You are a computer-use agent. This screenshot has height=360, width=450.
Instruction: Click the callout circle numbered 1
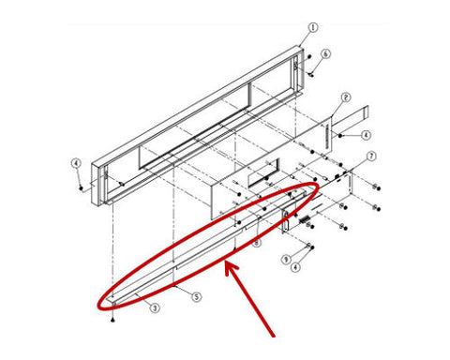tap(313, 27)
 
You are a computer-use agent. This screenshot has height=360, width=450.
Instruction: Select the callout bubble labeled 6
tap(325, 53)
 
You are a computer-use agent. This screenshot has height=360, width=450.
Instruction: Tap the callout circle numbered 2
tap(345, 97)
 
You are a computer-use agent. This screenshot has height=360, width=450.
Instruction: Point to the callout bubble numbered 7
tap(371, 156)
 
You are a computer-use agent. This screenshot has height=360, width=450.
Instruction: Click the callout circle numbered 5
tap(196, 296)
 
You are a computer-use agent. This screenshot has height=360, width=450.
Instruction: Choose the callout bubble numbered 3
tap(155, 308)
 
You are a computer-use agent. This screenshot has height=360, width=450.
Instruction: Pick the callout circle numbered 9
tap(286, 260)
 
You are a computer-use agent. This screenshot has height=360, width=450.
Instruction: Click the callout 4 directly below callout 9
tap(295, 267)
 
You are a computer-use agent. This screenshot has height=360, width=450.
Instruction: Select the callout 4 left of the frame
tap(76, 163)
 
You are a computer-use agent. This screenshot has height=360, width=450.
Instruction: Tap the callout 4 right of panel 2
tap(366, 135)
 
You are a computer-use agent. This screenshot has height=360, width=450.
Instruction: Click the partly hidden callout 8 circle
tap(256, 243)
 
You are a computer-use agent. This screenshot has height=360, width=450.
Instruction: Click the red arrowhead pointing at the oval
tap(231, 269)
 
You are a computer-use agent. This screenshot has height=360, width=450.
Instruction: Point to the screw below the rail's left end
tap(112, 320)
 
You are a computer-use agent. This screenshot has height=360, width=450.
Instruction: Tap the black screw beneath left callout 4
tap(82, 188)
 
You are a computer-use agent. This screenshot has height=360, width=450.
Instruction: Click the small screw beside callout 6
tap(312, 74)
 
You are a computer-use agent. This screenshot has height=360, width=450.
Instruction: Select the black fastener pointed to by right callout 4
tap(340, 136)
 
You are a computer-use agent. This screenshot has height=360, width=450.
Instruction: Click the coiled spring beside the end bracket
tap(304, 220)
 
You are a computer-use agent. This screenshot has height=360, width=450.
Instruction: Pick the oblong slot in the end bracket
tap(286, 221)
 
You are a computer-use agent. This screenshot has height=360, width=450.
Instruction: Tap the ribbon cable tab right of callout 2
tap(350, 118)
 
